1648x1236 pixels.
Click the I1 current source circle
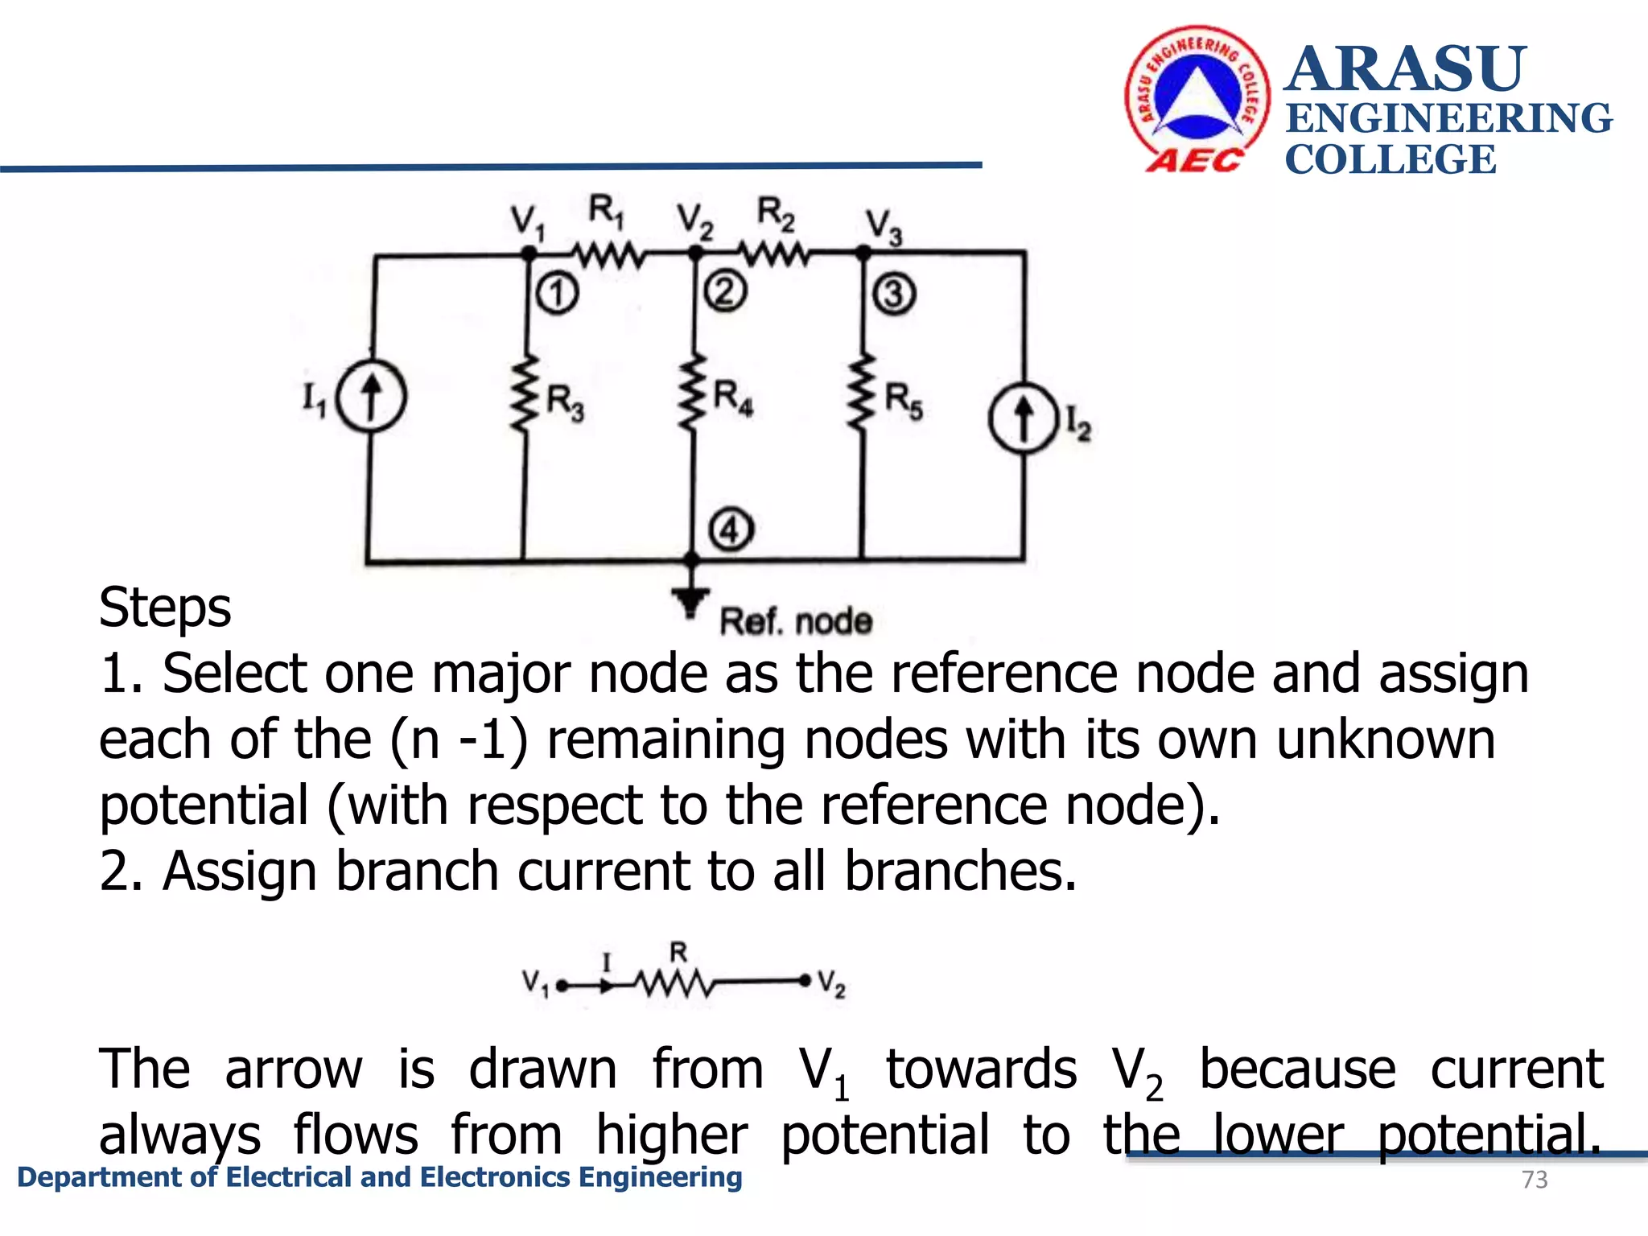click(371, 397)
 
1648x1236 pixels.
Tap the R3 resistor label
click(565, 402)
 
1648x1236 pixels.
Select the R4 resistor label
click(733, 398)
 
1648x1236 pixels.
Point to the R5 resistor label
click(903, 401)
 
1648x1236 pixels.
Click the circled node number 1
click(557, 293)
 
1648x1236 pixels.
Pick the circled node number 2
click(725, 291)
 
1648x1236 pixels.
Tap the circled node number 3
click(893, 294)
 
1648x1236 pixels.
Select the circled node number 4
click(731, 530)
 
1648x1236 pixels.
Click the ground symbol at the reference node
click(690, 600)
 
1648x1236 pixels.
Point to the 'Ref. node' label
click(795, 622)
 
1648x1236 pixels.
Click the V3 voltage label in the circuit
click(884, 226)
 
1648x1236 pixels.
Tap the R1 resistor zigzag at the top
click(609, 256)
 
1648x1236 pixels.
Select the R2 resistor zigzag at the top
click(776, 256)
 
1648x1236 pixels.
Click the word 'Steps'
click(165, 608)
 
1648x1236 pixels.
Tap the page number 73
click(1535, 1180)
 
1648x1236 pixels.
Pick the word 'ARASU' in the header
click(1405, 69)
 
